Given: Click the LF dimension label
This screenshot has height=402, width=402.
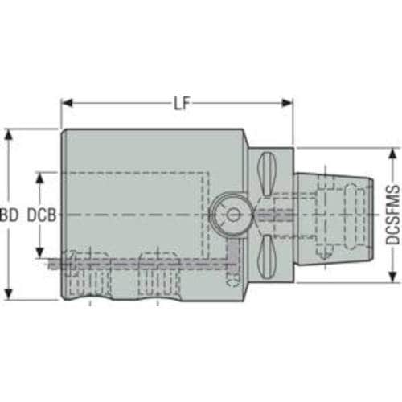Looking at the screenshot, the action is pos(182,103).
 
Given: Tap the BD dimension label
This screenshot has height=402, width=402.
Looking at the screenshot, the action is pos(10,215).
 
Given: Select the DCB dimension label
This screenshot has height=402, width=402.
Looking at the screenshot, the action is pos(42,215).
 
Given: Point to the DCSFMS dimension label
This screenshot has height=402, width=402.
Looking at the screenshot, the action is pos(392,215).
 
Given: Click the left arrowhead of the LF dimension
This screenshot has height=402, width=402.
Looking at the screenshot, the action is pos(67,103).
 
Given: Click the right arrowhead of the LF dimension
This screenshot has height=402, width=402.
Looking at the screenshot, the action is pos(286,103).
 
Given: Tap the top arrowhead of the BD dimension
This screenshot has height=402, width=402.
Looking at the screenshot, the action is pos(9,135).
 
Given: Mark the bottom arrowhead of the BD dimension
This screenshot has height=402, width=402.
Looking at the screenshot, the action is pos(9,294).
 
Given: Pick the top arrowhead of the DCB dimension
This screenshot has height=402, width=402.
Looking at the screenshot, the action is pos(40,178).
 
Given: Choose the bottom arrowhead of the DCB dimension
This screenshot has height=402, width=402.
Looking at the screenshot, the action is pos(40,252).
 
